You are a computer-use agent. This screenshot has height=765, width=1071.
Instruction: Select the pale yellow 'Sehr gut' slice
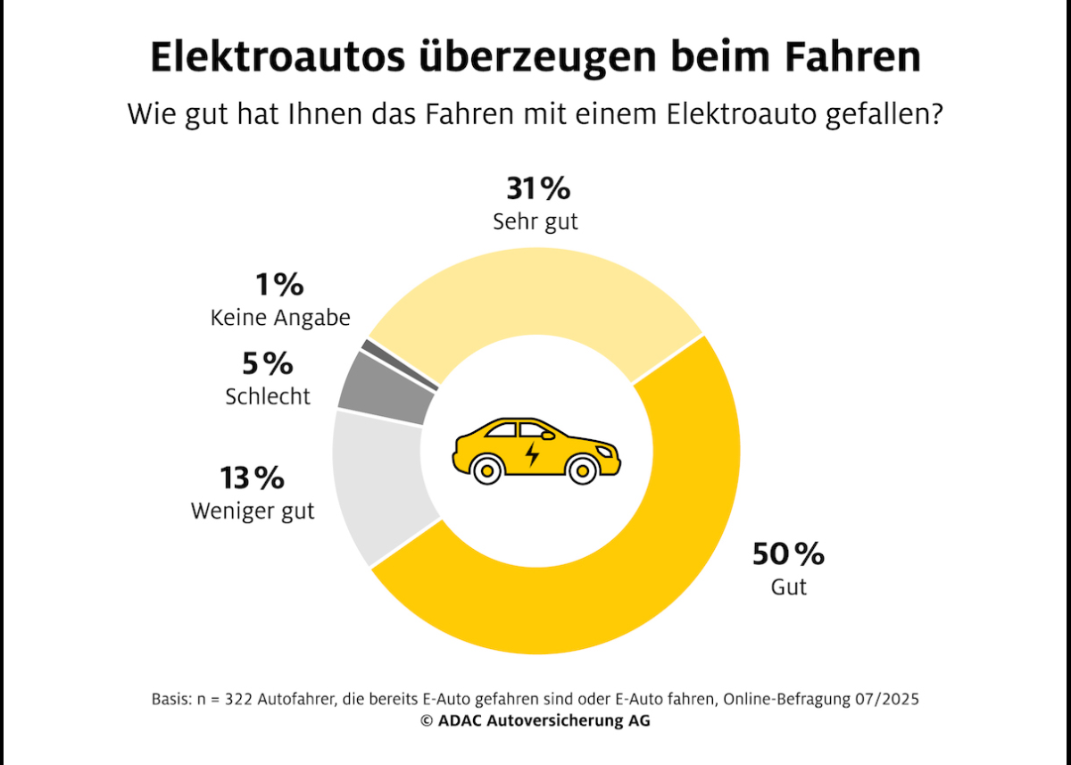tap(535, 295)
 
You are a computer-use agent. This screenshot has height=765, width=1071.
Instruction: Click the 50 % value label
tap(788, 554)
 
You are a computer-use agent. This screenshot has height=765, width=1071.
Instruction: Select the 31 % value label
tap(537, 189)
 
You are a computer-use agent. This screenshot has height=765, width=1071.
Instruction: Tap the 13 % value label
tap(253, 478)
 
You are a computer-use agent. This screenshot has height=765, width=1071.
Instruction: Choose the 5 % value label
tap(268, 364)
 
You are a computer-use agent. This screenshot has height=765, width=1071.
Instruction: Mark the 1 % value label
tap(279, 286)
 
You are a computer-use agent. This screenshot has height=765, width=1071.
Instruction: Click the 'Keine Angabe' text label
tap(280, 318)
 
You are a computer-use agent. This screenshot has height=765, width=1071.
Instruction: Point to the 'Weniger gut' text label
tap(253, 512)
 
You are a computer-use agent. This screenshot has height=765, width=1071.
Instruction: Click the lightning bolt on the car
tap(532, 453)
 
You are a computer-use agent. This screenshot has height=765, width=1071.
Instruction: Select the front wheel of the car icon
tap(582, 469)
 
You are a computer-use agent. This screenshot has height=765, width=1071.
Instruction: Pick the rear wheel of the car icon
tap(487, 469)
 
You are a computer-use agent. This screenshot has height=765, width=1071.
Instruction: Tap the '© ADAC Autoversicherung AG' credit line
tap(535, 721)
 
